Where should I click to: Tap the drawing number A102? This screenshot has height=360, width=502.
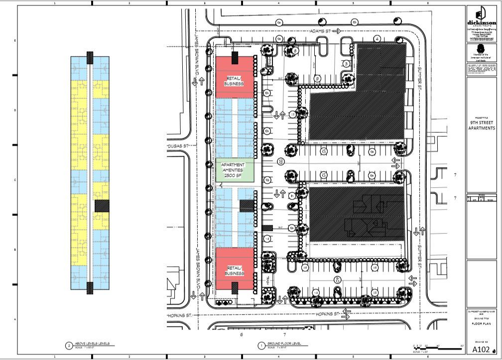[479, 349]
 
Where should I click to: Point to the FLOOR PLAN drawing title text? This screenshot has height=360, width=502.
[482, 324]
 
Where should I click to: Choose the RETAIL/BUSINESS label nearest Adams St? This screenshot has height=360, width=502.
[234, 81]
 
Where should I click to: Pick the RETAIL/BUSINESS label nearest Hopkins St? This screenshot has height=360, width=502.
[234, 271]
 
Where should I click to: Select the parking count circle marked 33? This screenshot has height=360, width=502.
[281, 161]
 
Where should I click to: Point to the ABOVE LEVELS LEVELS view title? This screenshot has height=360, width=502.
[94, 344]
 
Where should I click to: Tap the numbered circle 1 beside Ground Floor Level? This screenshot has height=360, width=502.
[261, 345]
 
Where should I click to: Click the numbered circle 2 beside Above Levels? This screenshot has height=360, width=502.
[69, 345]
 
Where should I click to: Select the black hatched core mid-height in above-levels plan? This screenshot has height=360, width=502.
[102, 205]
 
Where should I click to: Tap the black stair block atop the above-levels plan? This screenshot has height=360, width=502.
[90, 57]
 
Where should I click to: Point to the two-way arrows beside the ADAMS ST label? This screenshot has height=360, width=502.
[337, 31]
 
